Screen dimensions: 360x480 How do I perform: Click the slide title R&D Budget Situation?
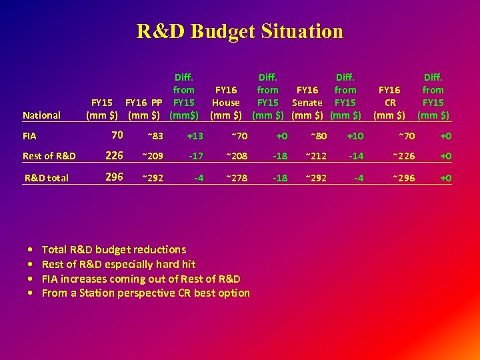click(240, 31)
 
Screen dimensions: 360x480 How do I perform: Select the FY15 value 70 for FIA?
click(117, 135)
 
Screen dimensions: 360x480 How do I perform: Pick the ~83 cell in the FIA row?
click(155, 137)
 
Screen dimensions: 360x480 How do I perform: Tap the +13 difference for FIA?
click(195, 137)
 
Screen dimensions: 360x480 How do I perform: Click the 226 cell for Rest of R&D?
click(115, 156)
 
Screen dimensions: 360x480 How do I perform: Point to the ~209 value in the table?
click(153, 157)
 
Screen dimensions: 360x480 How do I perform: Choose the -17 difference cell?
click(195, 157)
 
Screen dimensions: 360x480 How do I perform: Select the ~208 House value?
click(236, 157)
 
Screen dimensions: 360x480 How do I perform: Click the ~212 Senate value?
click(316, 157)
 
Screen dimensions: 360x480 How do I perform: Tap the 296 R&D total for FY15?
click(115, 177)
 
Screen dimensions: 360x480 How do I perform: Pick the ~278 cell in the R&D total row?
click(236, 178)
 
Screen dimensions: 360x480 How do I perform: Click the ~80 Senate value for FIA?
click(317, 137)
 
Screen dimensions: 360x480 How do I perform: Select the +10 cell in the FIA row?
click(355, 137)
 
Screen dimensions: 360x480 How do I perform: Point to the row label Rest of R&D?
click(49, 157)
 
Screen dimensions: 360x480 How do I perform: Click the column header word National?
click(41, 115)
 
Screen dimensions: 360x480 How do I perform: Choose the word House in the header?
click(226, 103)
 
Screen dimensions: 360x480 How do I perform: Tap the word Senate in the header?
click(307, 103)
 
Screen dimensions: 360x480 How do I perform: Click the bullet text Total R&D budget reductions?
click(114, 249)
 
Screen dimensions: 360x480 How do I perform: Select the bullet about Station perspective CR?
click(146, 293)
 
